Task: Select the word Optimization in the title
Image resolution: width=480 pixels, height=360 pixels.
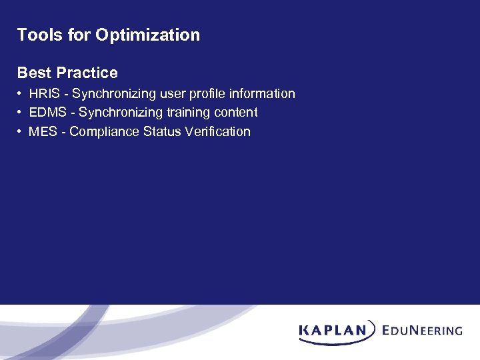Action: click(x=147, y=35)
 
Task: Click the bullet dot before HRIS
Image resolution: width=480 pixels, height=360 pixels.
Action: click(x=21, y=94)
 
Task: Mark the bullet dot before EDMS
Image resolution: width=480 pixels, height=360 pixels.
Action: click(x=21, y=113)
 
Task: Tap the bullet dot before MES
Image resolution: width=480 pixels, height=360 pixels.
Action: click(x=21, y=131)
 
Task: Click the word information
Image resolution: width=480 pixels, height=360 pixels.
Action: click(x=261, y=94)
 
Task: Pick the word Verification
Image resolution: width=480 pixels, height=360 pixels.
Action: click(x=217, y=131)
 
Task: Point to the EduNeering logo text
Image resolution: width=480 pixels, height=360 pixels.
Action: click(x=423, y=330)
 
